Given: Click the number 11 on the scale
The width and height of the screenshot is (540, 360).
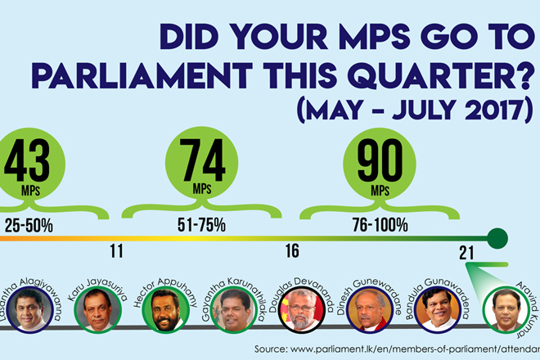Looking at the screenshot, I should click(x=115, y=251).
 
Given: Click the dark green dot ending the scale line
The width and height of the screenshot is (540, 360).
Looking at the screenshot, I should click(x=497, y=239).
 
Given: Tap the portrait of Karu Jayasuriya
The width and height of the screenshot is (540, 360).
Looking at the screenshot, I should click(x=97, y=308).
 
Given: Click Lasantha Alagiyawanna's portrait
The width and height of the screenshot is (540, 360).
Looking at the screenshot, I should click(x=30, y=308).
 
